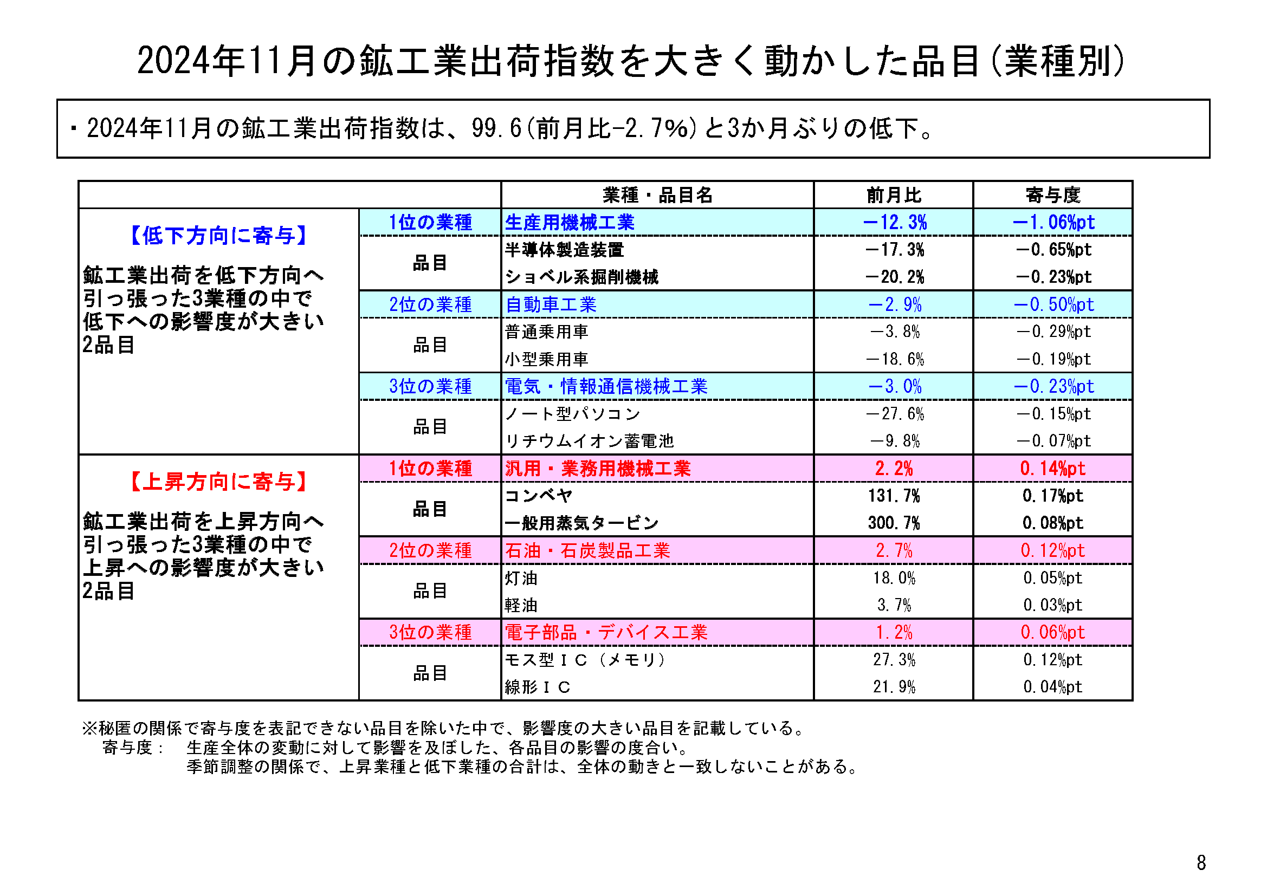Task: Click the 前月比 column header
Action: pos(894,195)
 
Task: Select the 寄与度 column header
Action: pos(1052,195)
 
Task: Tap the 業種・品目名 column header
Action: pos(657,195)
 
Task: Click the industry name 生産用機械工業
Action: pos(570,222)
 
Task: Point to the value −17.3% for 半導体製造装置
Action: pos(895,249)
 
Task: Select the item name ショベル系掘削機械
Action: pos(581,277)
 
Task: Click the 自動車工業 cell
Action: pos(551,304)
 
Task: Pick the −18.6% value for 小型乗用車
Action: pos(895,359)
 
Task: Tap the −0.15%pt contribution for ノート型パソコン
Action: pos(1053,414)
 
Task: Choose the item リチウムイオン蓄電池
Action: pos(590,441)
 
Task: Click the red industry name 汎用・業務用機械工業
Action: pos(598,469)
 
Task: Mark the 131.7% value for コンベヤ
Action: pos(894,496)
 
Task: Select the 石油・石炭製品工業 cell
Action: pos(587,550)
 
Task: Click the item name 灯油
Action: pos(521,577)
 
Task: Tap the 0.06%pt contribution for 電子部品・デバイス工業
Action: pos(1052,632)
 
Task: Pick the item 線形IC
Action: pos(538,687)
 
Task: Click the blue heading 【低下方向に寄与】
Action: pos(218,236)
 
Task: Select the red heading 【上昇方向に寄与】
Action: pos(218,482)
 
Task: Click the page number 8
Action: pos(1201,862)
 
